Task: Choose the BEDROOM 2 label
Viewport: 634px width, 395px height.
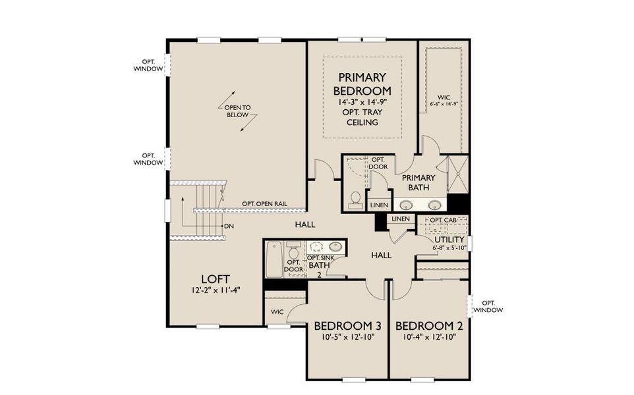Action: (x=428, y=326)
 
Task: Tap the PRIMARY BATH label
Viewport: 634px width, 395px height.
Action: (x=418, y=182)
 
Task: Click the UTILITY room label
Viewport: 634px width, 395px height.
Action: (x=449, y=239)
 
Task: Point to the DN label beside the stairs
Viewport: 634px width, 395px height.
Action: (x=229, y=226)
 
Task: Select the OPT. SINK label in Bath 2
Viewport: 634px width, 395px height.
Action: (x=319, y=257)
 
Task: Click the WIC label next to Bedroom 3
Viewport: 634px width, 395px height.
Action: (x=277, y=311)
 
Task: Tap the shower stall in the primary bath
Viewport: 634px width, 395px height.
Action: (x=457, y=175)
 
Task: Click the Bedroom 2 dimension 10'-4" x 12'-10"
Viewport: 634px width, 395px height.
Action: (x=428, y=337)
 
